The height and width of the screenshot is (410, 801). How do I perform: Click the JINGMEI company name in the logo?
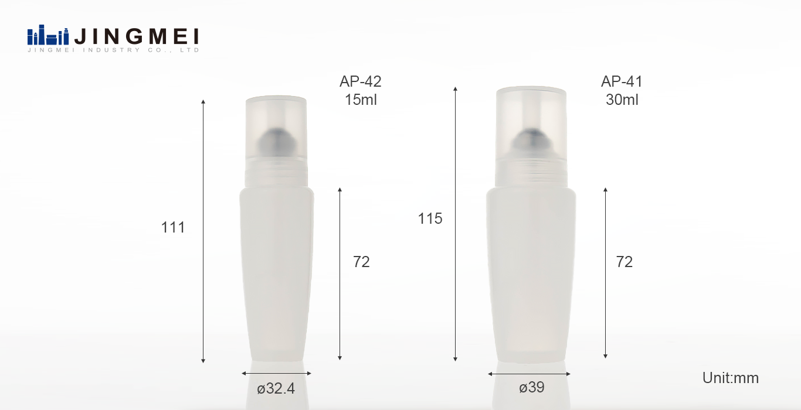pyautogui.click(x=137, y=36)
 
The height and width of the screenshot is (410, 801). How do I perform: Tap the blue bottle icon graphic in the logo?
pyautogui.click(x=48, y=35)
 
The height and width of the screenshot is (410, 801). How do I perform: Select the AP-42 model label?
pyautogui.click(x=361, y=81)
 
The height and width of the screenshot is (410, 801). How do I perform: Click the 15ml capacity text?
pyautogui.click(x=361, y=100)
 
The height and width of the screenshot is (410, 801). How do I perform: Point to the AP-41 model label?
pyautogui.click(x=622, y=81)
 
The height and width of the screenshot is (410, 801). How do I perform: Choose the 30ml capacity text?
pyautogui.click(x=622, y=100)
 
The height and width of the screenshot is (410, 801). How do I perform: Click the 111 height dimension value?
pyautogui.click(x=173, y=227)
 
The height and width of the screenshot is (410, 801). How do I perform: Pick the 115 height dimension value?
pyautogui.click(x=430, y=218)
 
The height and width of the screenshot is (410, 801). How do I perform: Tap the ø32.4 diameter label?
pyautogui.click(x=276, y=388)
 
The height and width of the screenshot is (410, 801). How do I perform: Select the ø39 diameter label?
pyautogui.click(x=532, y=387)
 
